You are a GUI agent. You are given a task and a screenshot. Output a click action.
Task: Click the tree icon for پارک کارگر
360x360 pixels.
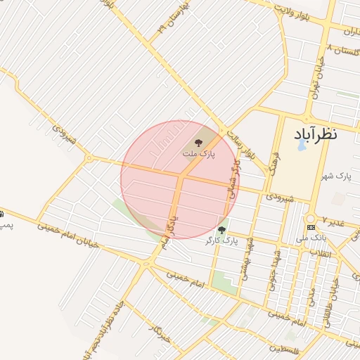click(222, 230)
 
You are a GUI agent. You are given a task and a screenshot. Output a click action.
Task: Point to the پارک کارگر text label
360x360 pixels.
click(222, 240)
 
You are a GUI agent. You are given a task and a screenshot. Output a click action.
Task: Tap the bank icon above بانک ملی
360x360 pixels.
click(311, 228)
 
